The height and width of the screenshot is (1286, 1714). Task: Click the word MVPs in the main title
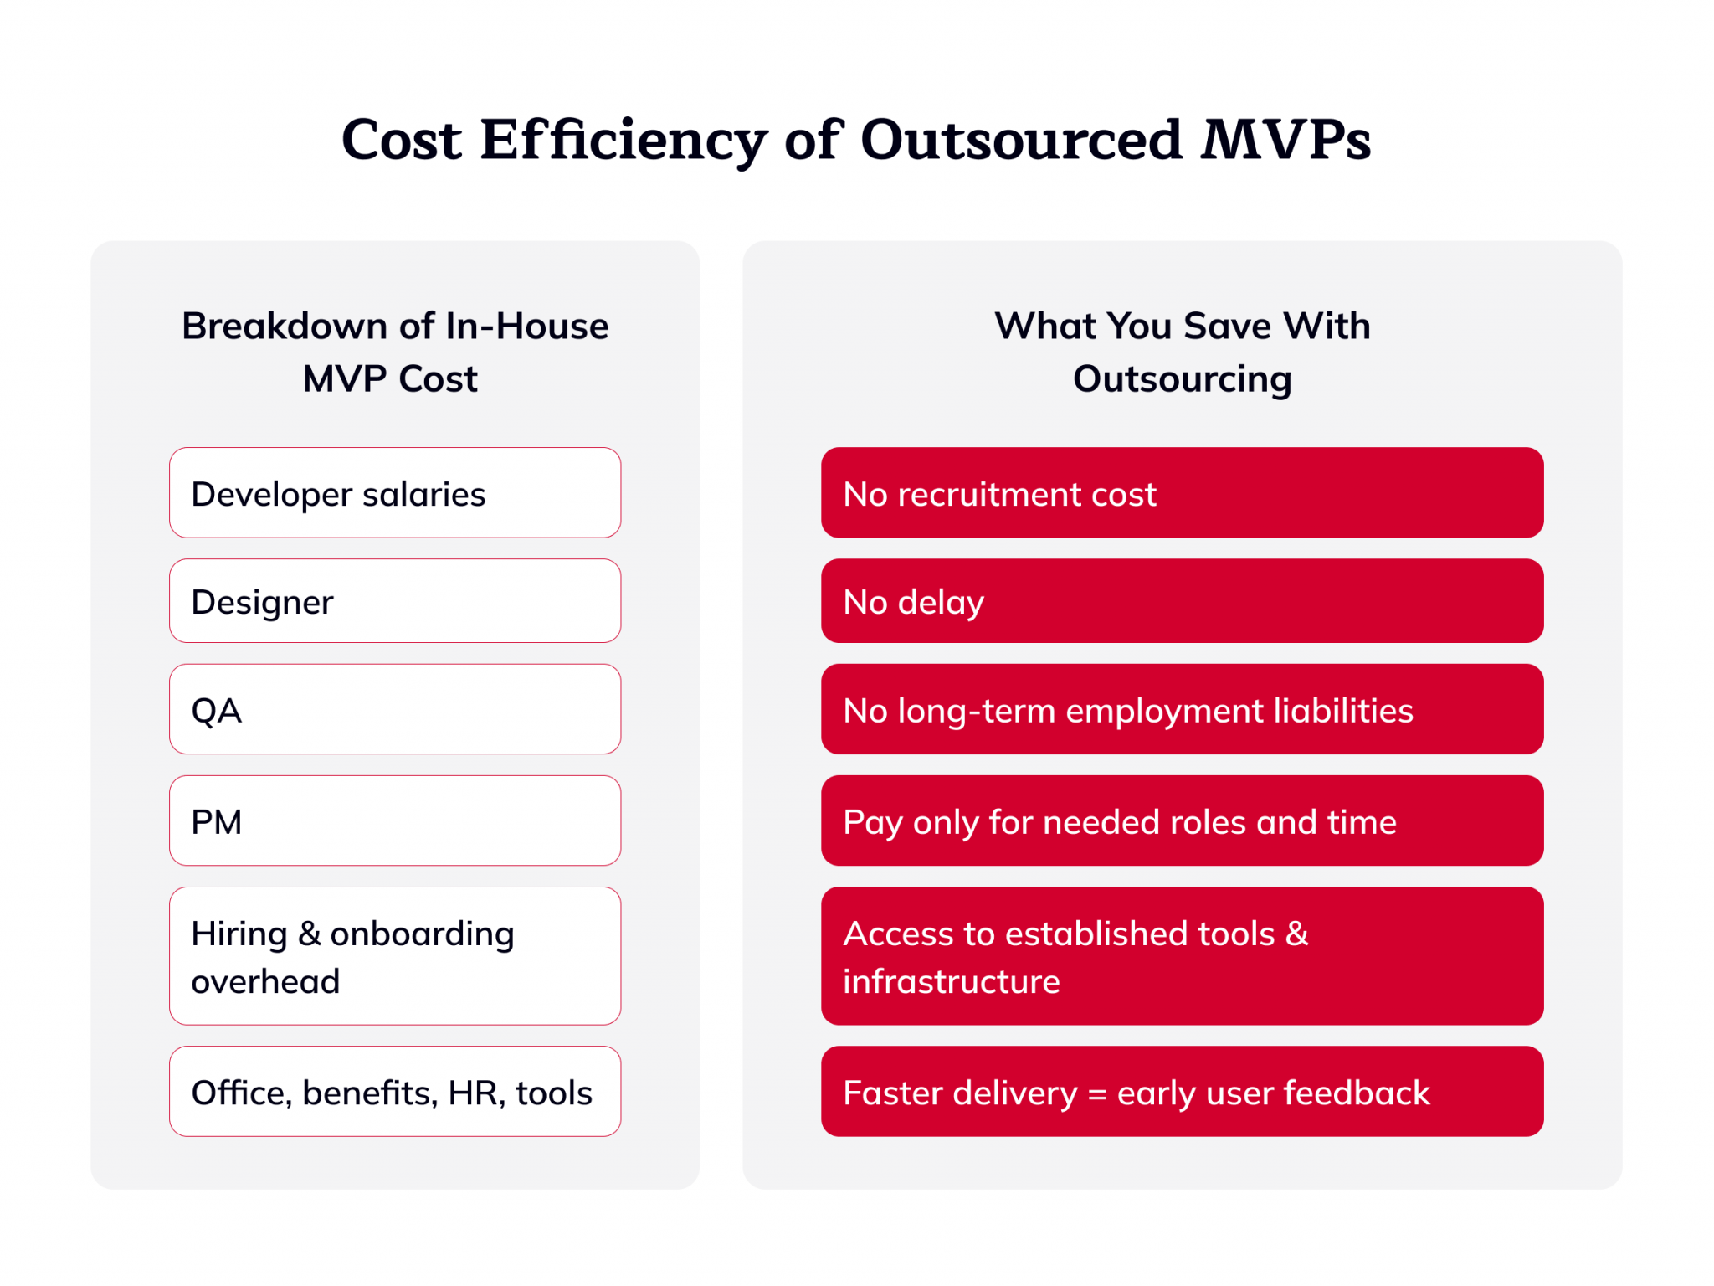[1285, 139]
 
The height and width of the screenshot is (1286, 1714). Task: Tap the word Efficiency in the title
[623, 139]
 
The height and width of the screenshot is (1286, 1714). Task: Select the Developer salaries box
[395, 493]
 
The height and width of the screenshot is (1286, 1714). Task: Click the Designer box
[395, 601]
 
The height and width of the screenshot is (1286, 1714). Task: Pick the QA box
[395, 709]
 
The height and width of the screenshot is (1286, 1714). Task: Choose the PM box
[395, 820]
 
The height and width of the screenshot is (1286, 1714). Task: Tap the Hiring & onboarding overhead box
[395, 956]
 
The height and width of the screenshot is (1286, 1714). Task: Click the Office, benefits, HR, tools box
[395, 1092]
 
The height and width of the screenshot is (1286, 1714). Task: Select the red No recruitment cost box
[1182, 493]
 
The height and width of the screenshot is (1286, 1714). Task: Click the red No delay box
[1182, 601]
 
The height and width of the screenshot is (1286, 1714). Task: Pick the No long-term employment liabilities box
[1182, 709]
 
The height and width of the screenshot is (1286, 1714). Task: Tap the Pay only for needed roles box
[1182, 820]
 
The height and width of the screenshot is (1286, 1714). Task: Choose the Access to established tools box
[1182, 956]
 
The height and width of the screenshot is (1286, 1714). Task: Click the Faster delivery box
[1182, 1092]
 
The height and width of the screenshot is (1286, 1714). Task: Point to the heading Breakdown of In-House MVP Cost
[395, 352]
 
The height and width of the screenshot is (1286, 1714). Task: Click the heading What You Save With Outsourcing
[1182, 352]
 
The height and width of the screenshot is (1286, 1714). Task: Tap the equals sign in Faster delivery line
[1097, 1094]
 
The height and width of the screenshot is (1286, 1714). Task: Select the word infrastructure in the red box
[952, 981]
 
